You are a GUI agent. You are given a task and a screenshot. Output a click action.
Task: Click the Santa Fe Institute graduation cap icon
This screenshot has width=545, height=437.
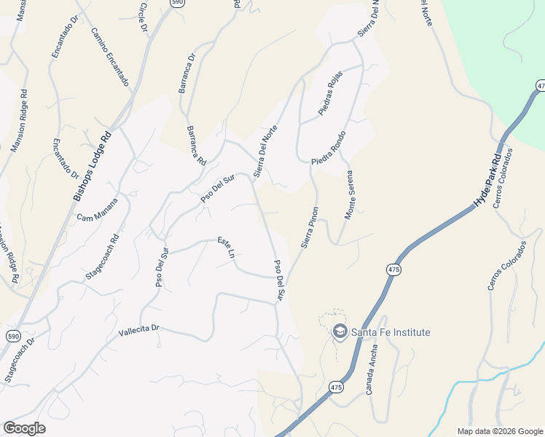(x=340, y=332)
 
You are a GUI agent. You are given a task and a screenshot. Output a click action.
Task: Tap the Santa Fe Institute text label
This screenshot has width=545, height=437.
(x=391, y=332)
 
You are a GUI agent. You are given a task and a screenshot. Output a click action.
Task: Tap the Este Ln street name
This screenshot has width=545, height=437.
(x=227, y=248)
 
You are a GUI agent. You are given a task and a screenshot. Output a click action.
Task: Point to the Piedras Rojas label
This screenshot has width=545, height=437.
(x=330, y=98)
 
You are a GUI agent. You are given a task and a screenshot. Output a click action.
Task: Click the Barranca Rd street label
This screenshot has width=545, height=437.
(x=196, y=145)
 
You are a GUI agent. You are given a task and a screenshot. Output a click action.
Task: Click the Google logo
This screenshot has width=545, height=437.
(x=24, y=428)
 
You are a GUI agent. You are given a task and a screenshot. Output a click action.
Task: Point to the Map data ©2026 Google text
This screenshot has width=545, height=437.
(x=499, y=431)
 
